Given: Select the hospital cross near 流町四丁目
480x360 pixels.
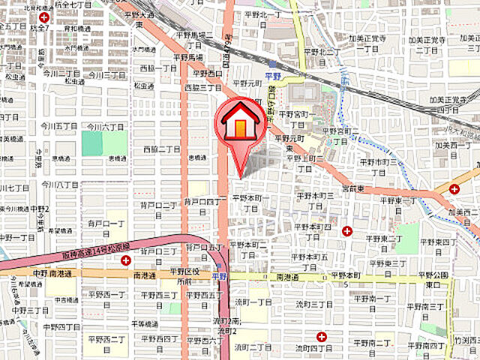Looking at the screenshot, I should click(x=321, y=337).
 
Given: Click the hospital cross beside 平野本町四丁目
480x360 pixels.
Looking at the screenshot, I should click(x=346, y=231).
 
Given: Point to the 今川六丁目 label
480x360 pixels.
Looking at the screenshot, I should click(x=101, y=127).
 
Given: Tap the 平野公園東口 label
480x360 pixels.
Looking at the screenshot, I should click(x=436, y=279).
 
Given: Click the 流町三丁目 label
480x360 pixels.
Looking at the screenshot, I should click(x=313, y=304).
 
